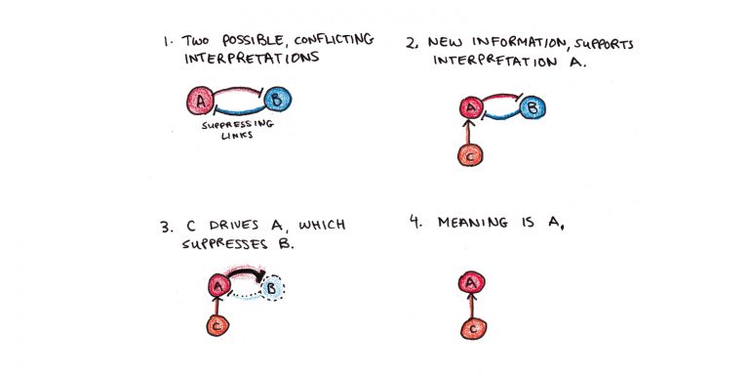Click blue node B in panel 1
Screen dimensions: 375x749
(x=277, y=100)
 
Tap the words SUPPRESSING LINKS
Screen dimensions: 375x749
(x=238, y=131)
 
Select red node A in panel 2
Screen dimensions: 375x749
(x=470, y=107)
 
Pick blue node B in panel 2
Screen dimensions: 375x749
(x=533, y=107)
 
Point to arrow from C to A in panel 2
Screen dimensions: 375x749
(x=470, y=131)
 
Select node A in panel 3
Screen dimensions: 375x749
(x=218, y=286)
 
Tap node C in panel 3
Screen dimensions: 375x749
(x=217, y=326)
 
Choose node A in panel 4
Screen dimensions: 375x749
(x=470, y=283)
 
